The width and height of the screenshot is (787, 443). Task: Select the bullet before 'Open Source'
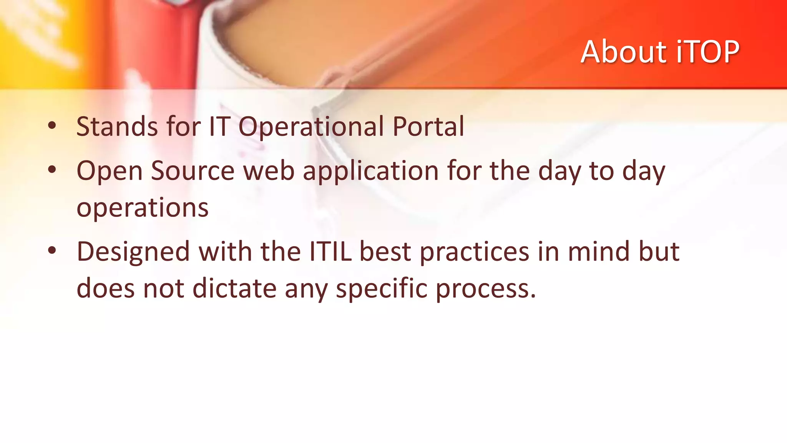[52, 169]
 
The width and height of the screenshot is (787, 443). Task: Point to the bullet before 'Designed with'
[52, 251]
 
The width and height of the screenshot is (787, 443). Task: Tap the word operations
[143, 208]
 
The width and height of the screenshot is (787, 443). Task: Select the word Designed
[133, 252]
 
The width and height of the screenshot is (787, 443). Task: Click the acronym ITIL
[330, 251]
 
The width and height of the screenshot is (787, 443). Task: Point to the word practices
[475, 252]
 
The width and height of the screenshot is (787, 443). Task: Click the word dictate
[234, 288]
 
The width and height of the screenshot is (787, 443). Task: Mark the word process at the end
[485, 289]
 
